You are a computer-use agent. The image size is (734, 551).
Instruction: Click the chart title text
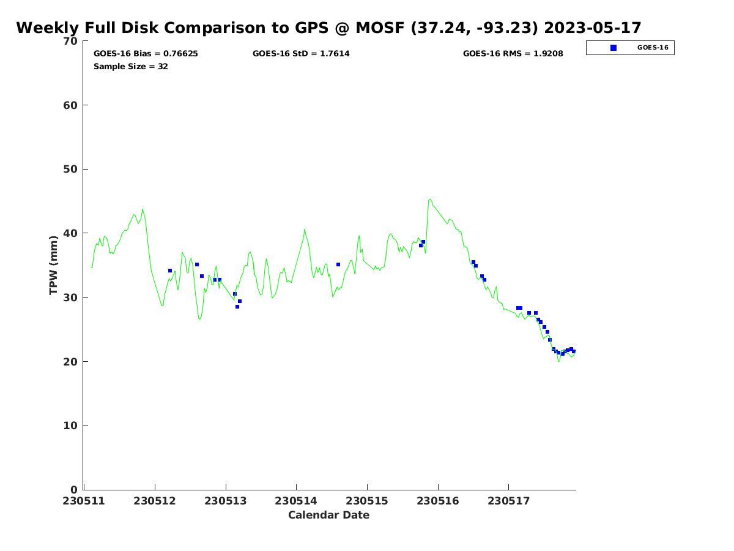click(328, 28)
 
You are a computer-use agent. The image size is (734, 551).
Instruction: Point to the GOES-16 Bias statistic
click(146, 54)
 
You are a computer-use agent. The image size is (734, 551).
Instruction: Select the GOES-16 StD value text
click(301, 54)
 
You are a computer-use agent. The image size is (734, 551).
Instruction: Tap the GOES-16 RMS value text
click(513, 54)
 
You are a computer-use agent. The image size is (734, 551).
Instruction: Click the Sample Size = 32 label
click(130, 67)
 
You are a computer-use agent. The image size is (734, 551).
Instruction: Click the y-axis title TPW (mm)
click(53, 265)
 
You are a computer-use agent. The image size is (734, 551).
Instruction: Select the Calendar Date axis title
click(328, 515)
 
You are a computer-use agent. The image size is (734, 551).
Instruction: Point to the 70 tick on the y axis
click(70, 41)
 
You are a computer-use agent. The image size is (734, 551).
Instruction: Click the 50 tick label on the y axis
click(70, 170)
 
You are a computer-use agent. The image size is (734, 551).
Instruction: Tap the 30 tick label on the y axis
click(70, 298)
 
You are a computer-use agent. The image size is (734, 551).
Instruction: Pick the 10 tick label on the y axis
click(70, 426)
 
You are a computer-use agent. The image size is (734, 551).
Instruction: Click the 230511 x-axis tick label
click(84, 501)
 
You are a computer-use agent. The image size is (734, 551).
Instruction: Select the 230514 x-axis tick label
click(296, 501)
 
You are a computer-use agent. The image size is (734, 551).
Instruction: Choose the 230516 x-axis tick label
click(438, 501)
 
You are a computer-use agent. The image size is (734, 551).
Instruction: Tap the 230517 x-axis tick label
click(508, 501)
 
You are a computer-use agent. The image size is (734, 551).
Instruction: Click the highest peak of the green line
click(430, 199)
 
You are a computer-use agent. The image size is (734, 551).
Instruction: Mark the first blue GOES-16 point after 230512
click(170, 271)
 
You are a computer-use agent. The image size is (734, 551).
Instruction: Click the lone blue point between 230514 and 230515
click(338, 264)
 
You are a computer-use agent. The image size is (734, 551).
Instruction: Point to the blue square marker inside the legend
click(614, 48)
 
